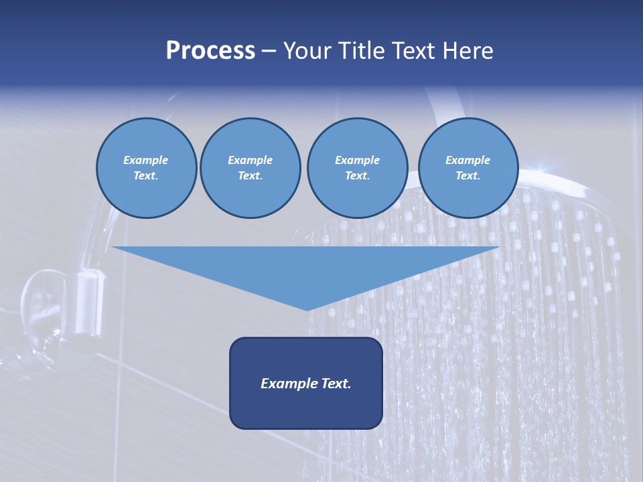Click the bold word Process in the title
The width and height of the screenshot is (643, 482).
[x=210, y=51]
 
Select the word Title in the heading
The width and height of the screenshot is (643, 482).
[x=364, y=51]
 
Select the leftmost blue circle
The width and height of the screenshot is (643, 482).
[x=147, y=168]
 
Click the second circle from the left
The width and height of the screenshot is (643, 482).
[x=251, y=168]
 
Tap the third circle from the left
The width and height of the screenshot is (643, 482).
[x=357, y=168]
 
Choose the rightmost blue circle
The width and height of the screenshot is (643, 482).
[x=468, y=168]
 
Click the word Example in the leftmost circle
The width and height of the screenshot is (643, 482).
[x=145, y=160]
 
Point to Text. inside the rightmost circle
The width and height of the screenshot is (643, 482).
[x=468, y=176]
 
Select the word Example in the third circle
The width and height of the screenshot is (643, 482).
[x=357, y=160]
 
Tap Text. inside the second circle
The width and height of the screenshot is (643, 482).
[x=251, y=176]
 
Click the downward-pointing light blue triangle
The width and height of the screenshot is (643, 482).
[x=306, y=268]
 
